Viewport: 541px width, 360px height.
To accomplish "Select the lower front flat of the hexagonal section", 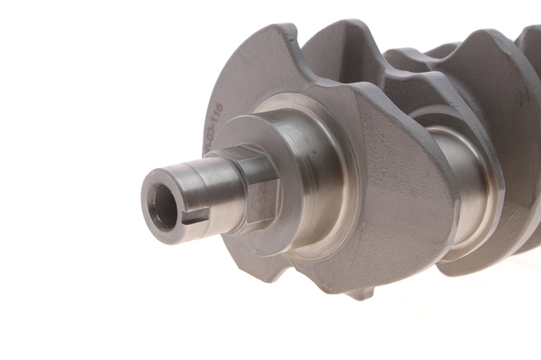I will coord(260,203).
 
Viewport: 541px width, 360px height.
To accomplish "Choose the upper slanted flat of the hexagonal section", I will coord(254,165).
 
